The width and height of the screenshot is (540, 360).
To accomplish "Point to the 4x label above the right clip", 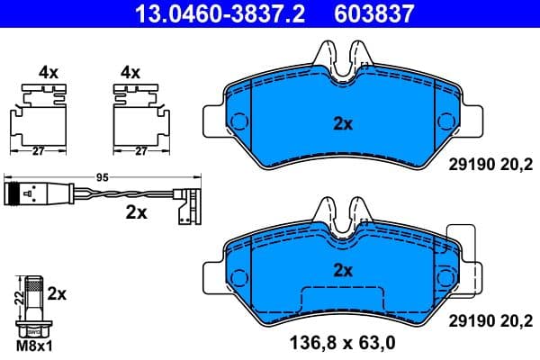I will coord(131,70).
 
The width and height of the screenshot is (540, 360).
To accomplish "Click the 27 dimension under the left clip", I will coord(37,151).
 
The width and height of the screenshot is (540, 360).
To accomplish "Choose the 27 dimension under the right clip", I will coord(140,151).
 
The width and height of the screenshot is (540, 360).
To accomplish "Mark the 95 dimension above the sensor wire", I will coord(102,178).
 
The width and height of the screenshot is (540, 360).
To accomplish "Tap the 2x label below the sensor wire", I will coord(137,213).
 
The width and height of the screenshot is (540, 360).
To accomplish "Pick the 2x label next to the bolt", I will coord(56,293).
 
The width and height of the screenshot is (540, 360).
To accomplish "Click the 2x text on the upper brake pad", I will coord(342,124).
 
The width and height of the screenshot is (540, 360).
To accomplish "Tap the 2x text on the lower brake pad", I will coord(342,269).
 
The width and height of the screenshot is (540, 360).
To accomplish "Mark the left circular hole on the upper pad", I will coord(240,121).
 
